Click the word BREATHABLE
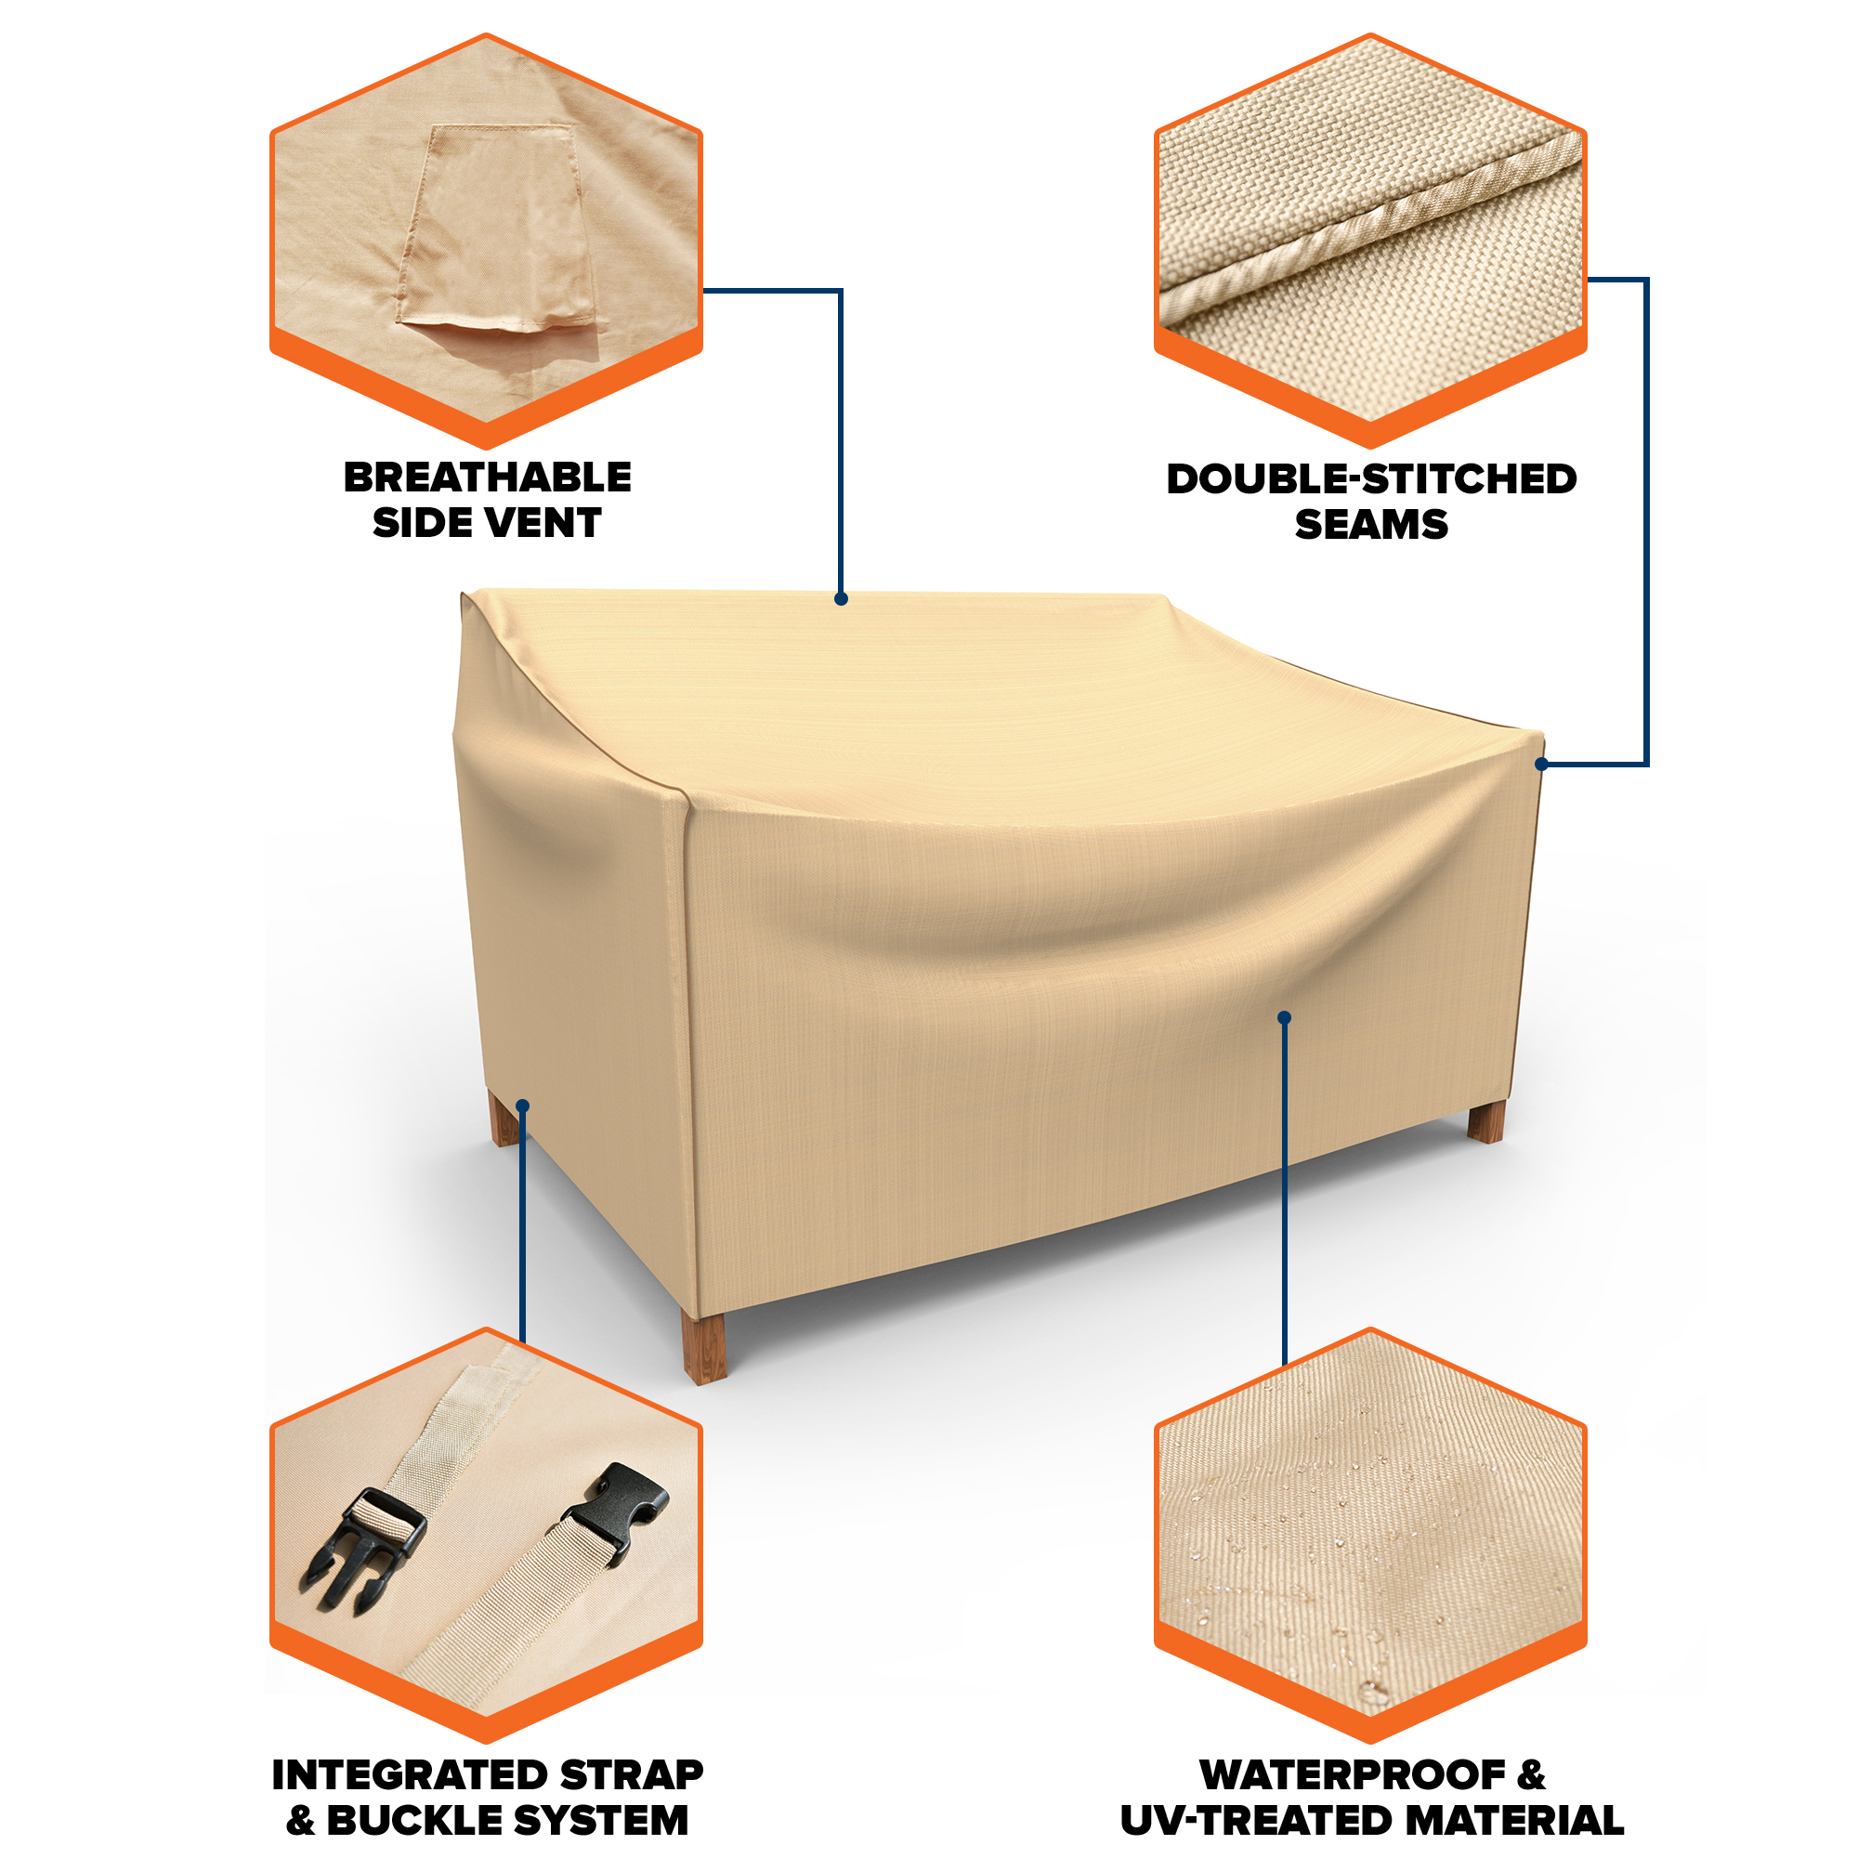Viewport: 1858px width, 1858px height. point(488,477)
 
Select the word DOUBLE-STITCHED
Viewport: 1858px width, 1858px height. point(1371,479)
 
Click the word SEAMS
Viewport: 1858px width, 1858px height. point(1371,525)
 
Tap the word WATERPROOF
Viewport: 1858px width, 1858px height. point(1352,1775)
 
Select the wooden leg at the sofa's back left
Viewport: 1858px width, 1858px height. point(504,1119)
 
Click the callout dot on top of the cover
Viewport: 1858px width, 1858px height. point(842,599)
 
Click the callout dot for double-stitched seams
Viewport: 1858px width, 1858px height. point(1541,765)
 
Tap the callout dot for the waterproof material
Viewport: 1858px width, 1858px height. point(1284,1017)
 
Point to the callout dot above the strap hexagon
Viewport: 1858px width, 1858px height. point(523,1107)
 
